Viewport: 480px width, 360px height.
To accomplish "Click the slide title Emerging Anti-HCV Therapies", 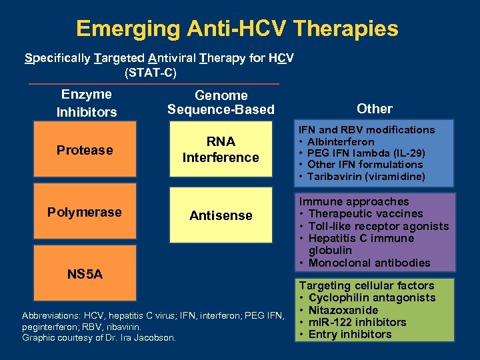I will click(237, 29).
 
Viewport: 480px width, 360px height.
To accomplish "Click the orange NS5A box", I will click(85, 274).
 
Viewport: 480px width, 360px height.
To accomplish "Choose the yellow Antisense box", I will click(221, 215).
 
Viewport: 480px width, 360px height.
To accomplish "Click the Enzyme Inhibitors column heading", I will click(86, 103).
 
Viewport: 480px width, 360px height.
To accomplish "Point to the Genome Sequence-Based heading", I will click(221, 103).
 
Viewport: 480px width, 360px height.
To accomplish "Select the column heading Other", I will click(375, 109).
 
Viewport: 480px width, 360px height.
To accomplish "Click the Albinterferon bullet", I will click(341, 142).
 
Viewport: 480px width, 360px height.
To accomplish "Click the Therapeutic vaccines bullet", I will click(365, 214).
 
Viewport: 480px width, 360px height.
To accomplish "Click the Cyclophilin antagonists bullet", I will click(371, 298).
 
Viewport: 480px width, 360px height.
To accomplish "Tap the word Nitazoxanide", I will click(343, 310).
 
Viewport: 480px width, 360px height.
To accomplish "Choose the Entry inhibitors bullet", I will click(350, 334).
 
